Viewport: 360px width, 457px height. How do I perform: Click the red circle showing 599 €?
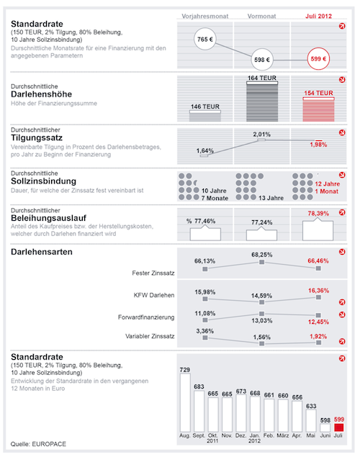(318, 59)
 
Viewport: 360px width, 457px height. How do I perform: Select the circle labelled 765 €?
(205, 39)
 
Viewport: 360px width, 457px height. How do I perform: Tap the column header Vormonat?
(261, 17)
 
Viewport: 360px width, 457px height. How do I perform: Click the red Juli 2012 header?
(318, 17)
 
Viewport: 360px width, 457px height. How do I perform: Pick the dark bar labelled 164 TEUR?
(262, 101)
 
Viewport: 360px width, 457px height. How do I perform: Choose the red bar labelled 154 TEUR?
(319, 109)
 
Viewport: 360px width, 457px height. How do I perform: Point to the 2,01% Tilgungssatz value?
(262, 135)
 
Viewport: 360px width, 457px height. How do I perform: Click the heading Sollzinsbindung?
(43, 181)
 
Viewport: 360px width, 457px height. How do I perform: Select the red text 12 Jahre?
(328, 184)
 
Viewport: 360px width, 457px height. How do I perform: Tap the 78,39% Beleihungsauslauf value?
(318, 214)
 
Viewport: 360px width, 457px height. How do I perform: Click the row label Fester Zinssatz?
(153, 273)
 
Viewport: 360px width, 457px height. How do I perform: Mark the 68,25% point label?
(262, 255)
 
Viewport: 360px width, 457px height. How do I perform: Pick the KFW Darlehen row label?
(154, 295)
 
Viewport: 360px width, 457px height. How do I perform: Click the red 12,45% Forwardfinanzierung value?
(318, 322)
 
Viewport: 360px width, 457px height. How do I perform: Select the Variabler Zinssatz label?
(150, 336)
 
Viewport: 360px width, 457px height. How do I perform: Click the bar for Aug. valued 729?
(185, 403)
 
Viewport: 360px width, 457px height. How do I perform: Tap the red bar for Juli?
(338, 427)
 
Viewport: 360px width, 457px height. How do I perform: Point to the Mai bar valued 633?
(311, 421)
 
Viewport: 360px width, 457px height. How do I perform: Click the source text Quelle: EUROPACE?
(38, 444)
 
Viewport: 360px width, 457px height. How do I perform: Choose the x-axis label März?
(282, 435)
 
